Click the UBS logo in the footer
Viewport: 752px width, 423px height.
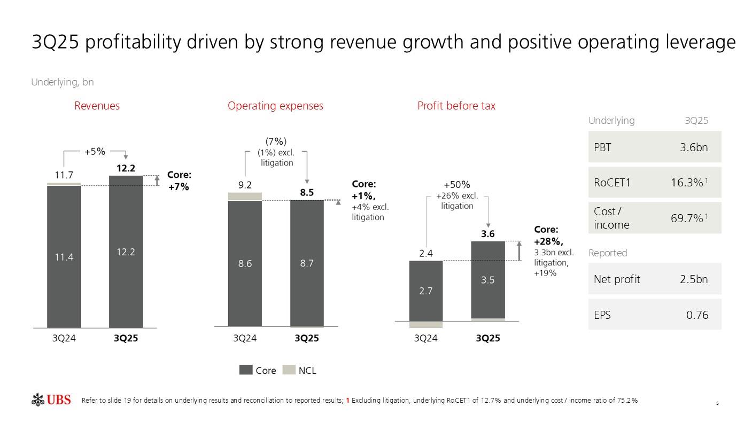pyautogui.click(x=51, y=399)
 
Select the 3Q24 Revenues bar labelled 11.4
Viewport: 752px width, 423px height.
pyautogui.click(x=64, y=256)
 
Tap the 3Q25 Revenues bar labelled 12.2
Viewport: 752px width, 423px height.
pyautogui.click(x=126, y=251)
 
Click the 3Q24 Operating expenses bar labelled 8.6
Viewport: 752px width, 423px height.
pyautogui.click(x=245, y=263)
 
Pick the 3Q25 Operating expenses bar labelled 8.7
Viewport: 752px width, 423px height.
pyautogui.click(x=307, y=263)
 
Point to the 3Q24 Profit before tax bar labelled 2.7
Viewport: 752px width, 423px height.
pyautogui.click(x=426, y=291)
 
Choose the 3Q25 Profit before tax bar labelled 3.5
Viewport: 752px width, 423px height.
pyautogui.click(x=488, y=279)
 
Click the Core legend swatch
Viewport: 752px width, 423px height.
pyautogui.click(x=246, y=370)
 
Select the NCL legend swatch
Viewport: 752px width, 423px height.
pyautogui.click(x=289, y=370)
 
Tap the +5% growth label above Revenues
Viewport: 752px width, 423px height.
pyautogui.click(x=95, y=152)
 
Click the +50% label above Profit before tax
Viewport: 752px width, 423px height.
pyautogui.click(x=458, y=185)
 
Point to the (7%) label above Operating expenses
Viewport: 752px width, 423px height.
pyautogui.click(x=276, y=142)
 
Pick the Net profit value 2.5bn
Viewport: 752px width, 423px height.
pyautogui.click(x=694, y=279)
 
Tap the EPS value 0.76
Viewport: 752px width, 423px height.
pyautogui.click(x=697, y=315)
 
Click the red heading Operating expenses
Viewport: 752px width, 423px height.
pyautogui.click(x=275, y=106)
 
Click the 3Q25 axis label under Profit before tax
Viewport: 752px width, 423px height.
pyautogui.click(x=488, y=338)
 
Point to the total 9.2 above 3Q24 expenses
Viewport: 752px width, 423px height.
pyautogui.click(x=245, y=185)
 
